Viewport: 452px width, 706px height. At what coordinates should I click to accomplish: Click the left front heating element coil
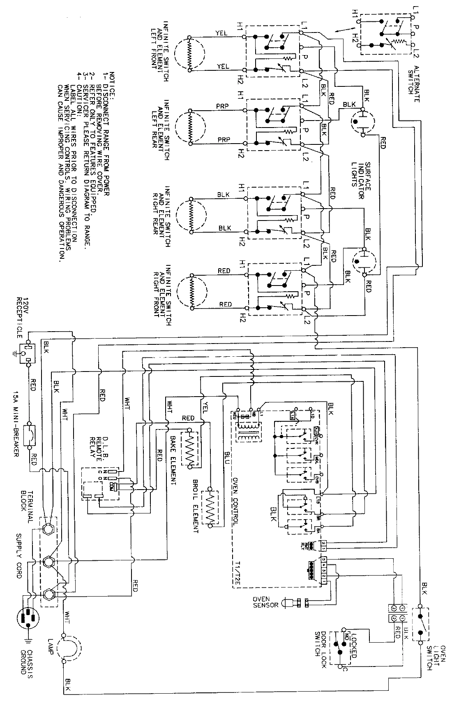[x=189, y=54]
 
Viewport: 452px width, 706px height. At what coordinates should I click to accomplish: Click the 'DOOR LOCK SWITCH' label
[x=322, y=644]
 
